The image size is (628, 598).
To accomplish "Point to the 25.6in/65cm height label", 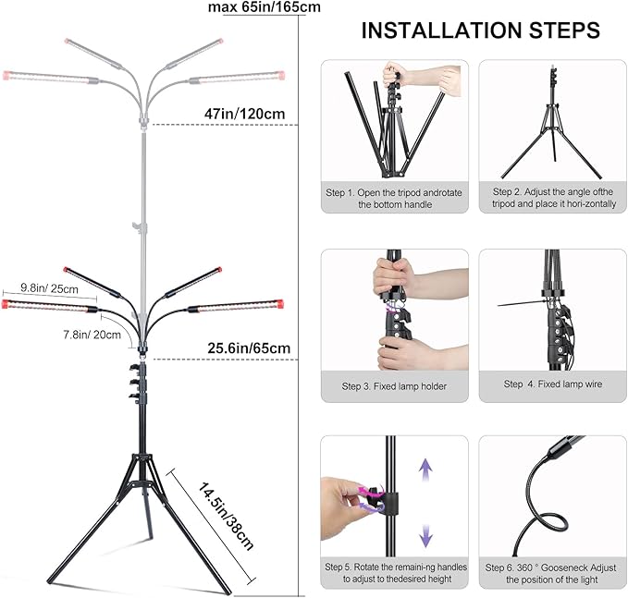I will [x=247, y=348].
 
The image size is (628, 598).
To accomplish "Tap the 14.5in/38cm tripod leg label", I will [x=226, y=513].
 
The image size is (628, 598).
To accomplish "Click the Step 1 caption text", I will [x=393, y=198].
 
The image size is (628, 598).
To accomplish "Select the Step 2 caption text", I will [x=552, y=198].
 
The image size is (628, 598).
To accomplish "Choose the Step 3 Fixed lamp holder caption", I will [x=393, y=385].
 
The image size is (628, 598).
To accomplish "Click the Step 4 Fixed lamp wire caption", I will [x=552, y=384].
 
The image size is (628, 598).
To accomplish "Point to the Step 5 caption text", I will [x=393, y=572].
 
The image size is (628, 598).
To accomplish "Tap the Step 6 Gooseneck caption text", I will [x=552, y=572].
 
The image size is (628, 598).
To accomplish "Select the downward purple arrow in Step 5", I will [x=426, y=533].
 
